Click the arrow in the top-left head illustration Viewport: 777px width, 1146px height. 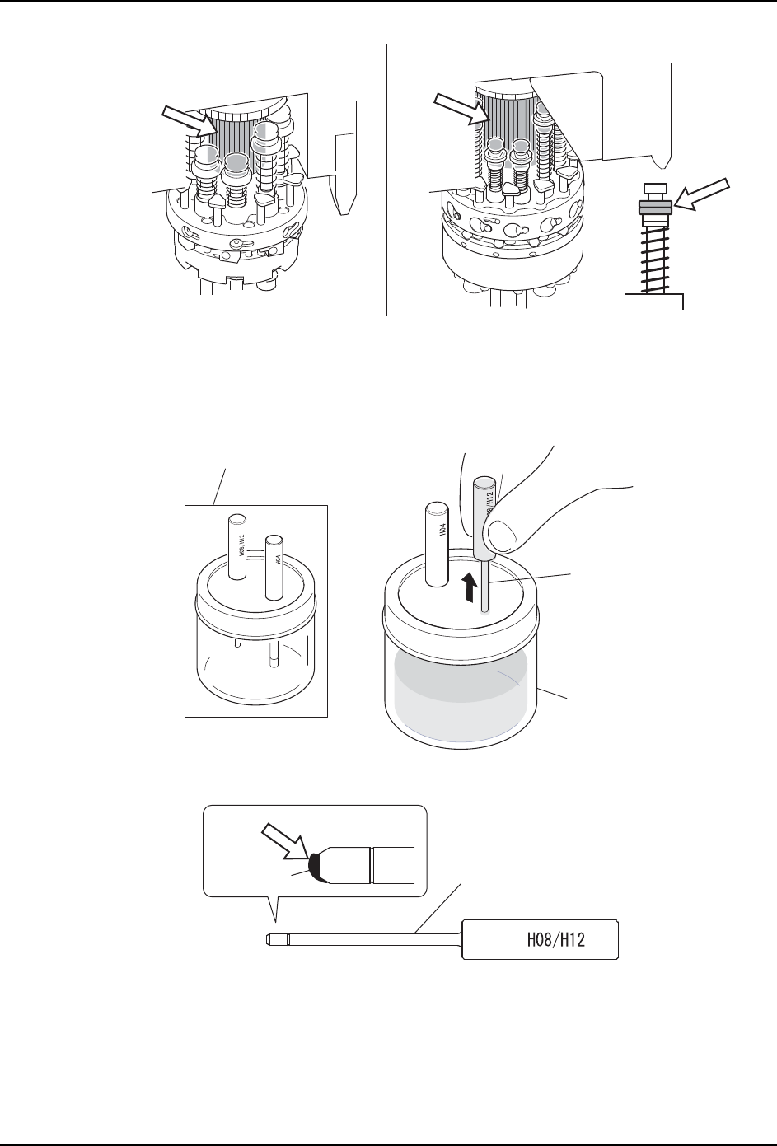pos(188,119)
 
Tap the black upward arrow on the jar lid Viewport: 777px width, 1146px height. pos(469,588)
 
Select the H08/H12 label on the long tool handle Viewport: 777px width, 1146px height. pos(555,940)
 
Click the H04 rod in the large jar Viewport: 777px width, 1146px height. pos(436,543)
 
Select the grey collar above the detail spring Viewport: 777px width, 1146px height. pos(655,208)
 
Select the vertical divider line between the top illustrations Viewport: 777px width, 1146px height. pos(386,181)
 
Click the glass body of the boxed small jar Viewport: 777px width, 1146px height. pos(256,659)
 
